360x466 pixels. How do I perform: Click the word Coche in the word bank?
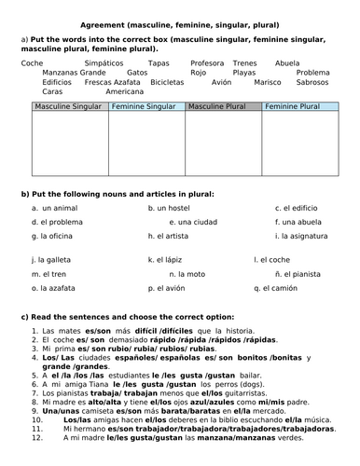tap(30, 62)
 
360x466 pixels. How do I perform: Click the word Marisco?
tap(268, 82)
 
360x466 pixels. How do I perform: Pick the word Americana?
tap(124, 92)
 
